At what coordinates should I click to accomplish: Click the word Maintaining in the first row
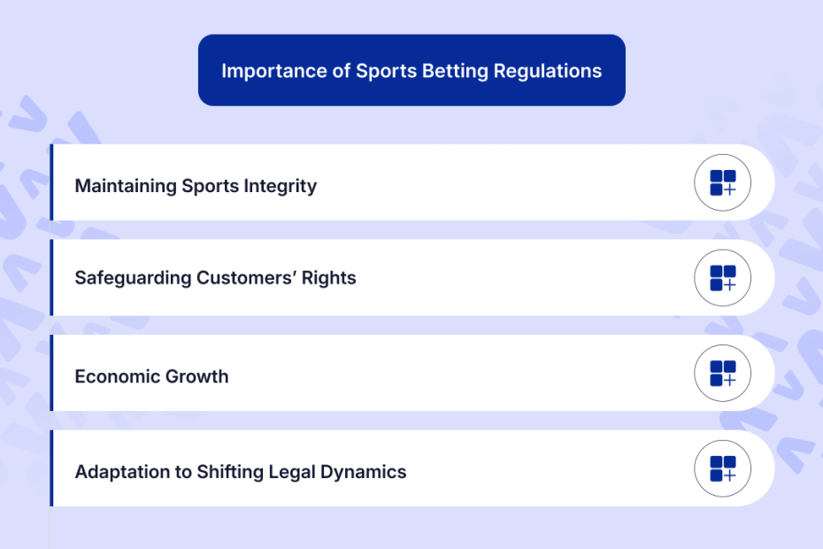pyautogui.click(x=126, y=186)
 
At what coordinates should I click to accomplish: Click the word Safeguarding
pyautogui.click(x=133, y=278)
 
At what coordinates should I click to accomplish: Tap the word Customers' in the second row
pyautogui.click(x=246, y=277)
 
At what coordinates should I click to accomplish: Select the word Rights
pyautogui.click(x=329, y=278)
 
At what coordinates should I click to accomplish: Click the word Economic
pyautogui.click(x=117, y=376)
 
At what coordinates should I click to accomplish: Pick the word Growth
pyautogui.click(x=196, y=376)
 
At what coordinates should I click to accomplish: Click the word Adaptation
pyautogui.click(x=122, y=472)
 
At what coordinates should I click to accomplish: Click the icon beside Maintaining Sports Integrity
pyautogui.click(x=723, y=182)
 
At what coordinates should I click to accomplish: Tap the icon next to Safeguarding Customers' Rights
pyautogui.click(x=723, y=278)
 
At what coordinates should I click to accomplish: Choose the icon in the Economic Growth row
pyautogui.click(x=723, y=373)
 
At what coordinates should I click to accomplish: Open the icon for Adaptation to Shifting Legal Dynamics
pyautogui.click(x=723, y=468)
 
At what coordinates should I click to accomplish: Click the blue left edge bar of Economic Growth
pyautogui.click(x=51, y=373)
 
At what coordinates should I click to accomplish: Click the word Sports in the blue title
pyautogui.click(x=387, y=72)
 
